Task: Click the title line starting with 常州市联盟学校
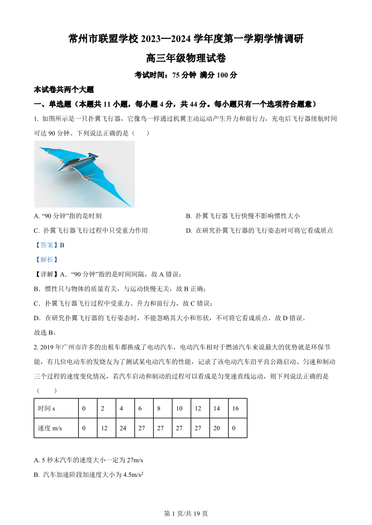pos(186,39)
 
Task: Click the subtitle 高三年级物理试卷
pos(186,58)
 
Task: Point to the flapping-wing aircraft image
pos(84,174)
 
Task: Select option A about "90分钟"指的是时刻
pos(68,216)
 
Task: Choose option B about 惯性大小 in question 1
pos(242,216)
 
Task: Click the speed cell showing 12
pos(104,428)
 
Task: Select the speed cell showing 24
pos(123,428)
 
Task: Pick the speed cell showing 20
pos(216,428)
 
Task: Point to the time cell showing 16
pos(235,408)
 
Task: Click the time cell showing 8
pos(159,408)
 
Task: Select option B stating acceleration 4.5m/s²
pos(88,475)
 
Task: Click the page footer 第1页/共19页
pos(186,513)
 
